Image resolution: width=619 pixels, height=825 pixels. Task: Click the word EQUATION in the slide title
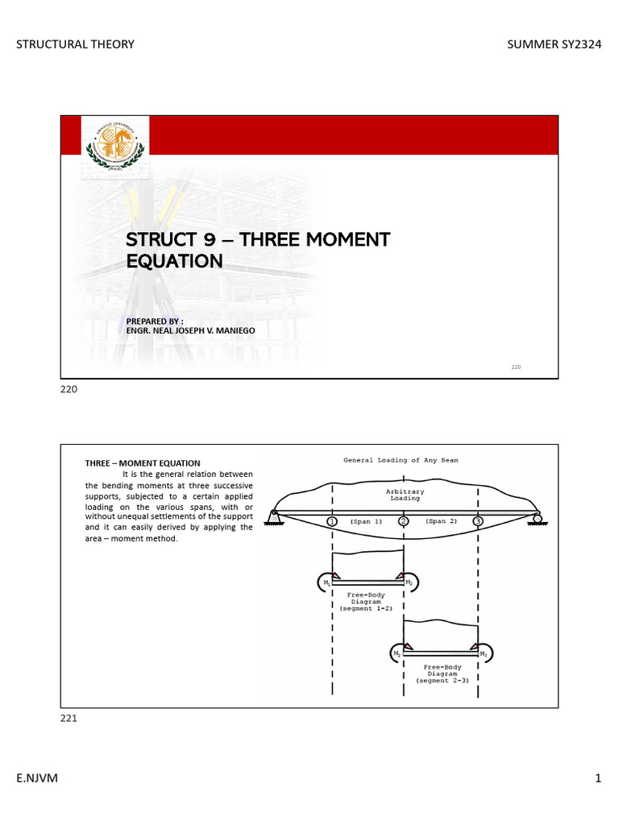tap(174, 261)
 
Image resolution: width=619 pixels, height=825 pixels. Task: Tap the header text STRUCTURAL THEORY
tap(76, 44)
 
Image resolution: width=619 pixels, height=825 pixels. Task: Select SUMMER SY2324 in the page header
tap(554, 44)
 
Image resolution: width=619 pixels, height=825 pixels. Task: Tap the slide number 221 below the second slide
tap(69, 719)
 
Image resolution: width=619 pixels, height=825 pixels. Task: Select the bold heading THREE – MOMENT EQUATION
tap(143, 463)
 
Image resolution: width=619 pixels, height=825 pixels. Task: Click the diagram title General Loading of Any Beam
tap(401, 460)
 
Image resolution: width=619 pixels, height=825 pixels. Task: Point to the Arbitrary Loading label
tap(405, 495)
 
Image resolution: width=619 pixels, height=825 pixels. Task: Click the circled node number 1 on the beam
tap(332, 521)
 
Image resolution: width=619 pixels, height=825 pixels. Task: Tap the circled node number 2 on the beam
tap(403, 521)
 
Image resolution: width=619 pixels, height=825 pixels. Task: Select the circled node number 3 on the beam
tap(478, 521)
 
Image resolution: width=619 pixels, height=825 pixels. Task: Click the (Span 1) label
tap(367, 521)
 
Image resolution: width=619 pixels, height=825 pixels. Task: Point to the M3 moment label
tap(483, 654)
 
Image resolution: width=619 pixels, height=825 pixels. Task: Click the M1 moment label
tap(326, 582)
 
